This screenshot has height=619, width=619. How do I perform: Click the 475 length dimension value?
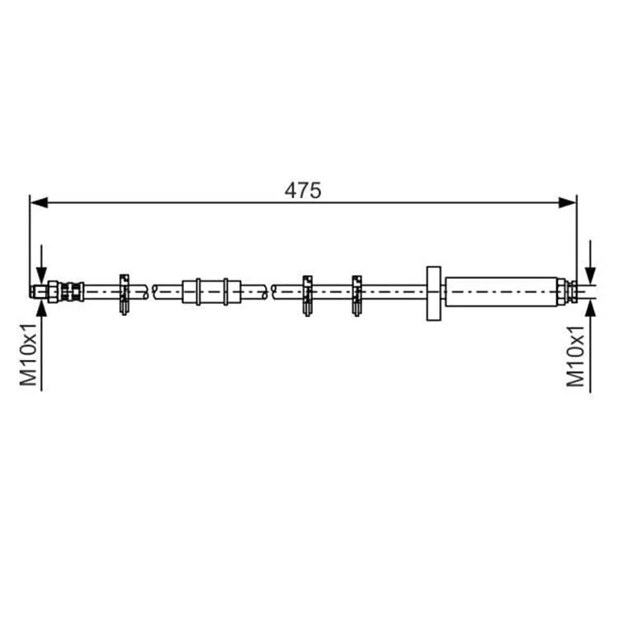(303, 191)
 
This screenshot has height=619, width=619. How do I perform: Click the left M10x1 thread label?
(28, 355)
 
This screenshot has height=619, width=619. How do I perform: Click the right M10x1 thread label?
(575, 356)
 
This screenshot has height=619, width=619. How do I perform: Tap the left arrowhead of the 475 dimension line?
(39, 203)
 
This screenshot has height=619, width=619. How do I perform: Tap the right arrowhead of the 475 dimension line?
(567, 203)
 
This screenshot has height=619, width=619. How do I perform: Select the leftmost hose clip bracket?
(125, 295)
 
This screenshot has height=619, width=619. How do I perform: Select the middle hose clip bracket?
(308, 295)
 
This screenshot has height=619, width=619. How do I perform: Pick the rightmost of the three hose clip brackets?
(357, 295)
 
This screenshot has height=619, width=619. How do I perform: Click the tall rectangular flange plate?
(433, 293)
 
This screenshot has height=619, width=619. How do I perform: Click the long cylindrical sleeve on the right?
(501, 291)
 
